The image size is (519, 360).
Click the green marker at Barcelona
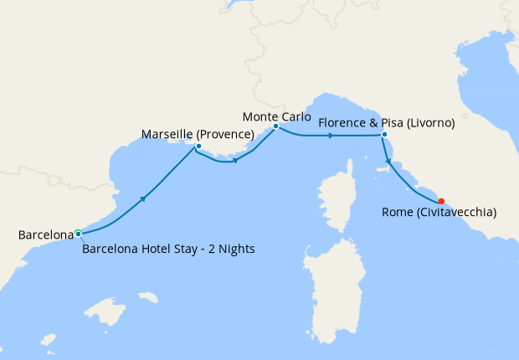[78, 233]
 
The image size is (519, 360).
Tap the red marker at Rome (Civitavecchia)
[441, 201]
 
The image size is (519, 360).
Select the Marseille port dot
[198, 147]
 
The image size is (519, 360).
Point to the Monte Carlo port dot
[275, 126]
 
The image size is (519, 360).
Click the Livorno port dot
[384, 135]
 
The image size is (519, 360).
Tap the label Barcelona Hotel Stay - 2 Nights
[168, 249]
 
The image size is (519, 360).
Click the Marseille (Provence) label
[198, 134]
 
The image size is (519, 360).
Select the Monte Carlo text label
[275, 116]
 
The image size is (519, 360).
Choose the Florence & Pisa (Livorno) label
[387, 123]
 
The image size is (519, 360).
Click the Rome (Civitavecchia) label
[439, 213]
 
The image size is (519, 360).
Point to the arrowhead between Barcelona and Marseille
[145, 198]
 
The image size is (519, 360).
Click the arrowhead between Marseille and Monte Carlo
[236, 161]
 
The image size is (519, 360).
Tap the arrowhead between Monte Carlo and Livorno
[332, 135]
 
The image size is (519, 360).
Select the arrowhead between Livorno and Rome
[388, 162]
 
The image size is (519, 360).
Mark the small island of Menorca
[147, 297]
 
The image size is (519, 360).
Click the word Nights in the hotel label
[235, 249]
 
